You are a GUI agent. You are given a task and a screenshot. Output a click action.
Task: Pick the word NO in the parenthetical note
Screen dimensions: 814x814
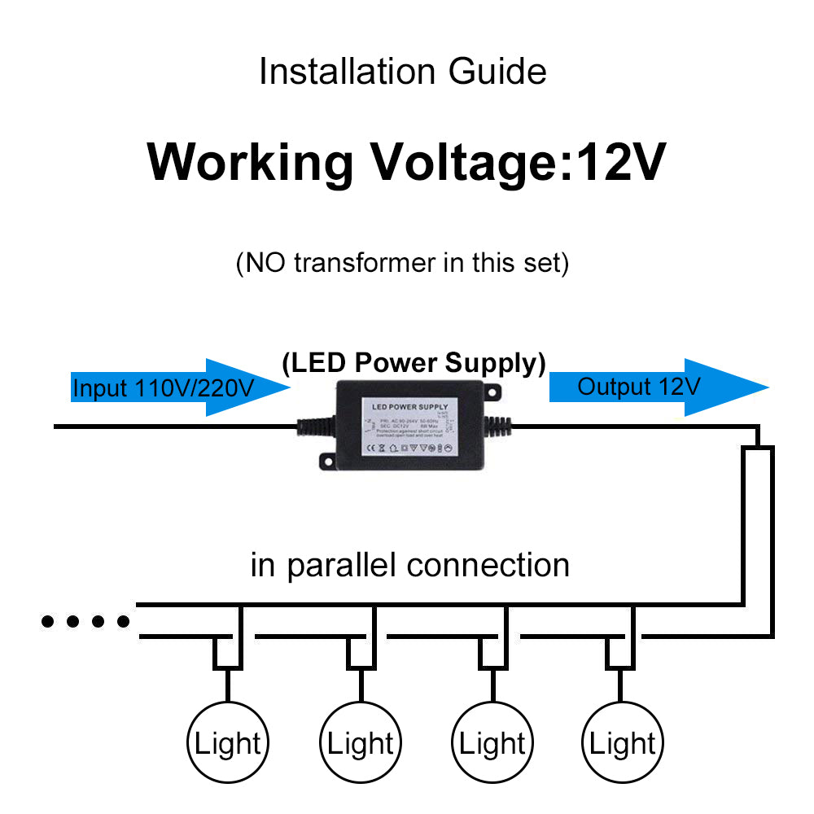(x=265, y=264)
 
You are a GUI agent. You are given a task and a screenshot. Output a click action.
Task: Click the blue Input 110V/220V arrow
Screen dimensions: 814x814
(x=179, y=388)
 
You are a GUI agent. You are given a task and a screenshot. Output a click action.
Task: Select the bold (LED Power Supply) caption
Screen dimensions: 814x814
(x=414, y=364)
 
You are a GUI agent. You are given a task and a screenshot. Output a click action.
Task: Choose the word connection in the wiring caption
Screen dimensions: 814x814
(x=498, y=565)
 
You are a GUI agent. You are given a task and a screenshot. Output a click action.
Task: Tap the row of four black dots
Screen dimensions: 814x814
(x=85, y=623)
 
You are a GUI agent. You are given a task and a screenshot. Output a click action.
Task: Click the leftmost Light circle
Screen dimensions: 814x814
(x=228, y=742)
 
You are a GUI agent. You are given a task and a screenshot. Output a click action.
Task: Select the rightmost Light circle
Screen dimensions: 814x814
(x=624, y=742)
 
